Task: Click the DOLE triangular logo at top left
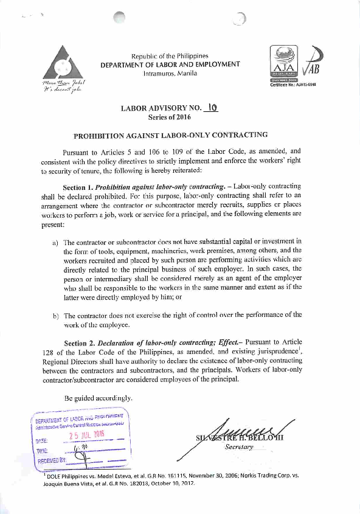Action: (x=63, y=63)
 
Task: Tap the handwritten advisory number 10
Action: (x=212, y=108)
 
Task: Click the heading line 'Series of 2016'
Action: (x=170, y=117)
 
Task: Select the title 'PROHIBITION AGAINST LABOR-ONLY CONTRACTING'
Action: (x=170, y=135)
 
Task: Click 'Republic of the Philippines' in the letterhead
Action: (x=170, y=56)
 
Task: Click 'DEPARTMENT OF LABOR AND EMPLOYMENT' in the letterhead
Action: (x=170, y=64)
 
